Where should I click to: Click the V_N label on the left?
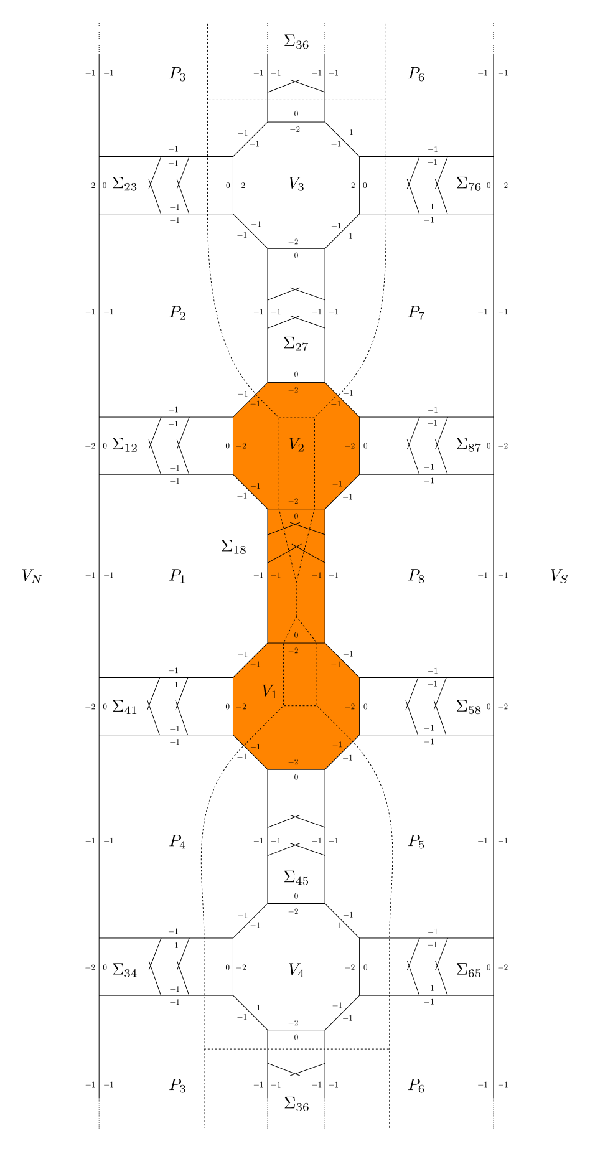pos(31,576)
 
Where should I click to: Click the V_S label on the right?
pos(559,576)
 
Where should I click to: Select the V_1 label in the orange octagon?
pos(269,692)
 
